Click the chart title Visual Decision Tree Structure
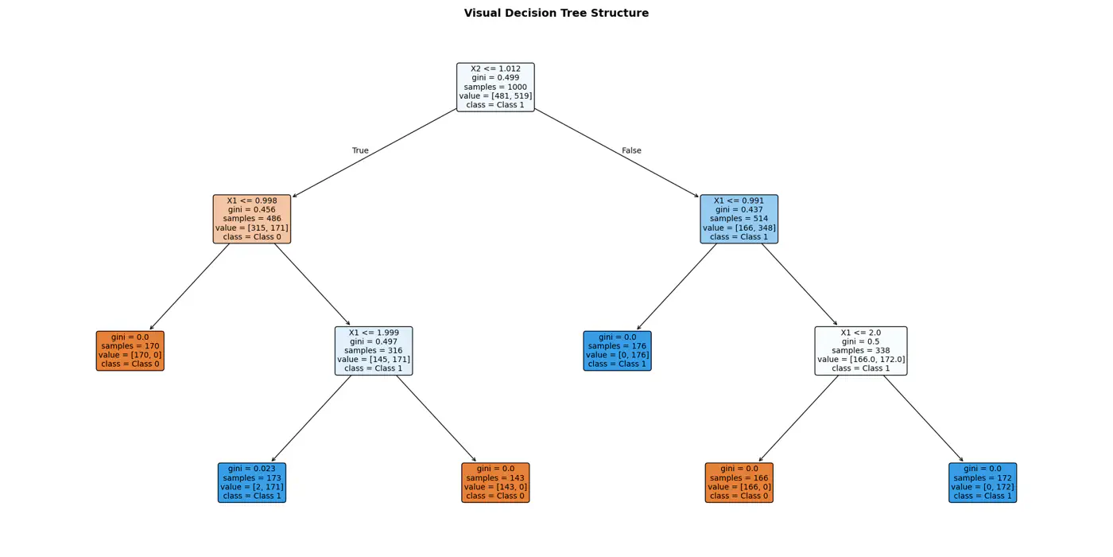coord(556,14)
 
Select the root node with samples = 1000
coord(495,87)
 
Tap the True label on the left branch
coord(360,150)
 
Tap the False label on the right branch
coord(631,150)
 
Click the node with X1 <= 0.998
coord(252,219)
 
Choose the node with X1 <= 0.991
coord(739,219)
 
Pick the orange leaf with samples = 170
coord(130,351)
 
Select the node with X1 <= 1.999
coord(374,351)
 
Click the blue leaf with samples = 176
coord(617,351)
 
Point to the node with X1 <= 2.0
coord(860,351)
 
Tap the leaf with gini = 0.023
coord(252,482)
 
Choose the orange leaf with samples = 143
coord(495,482)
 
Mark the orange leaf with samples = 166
coord(739,482)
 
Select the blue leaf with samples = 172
coord(983,482)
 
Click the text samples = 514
coord(739,219)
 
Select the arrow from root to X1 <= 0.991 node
coord(616,152)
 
